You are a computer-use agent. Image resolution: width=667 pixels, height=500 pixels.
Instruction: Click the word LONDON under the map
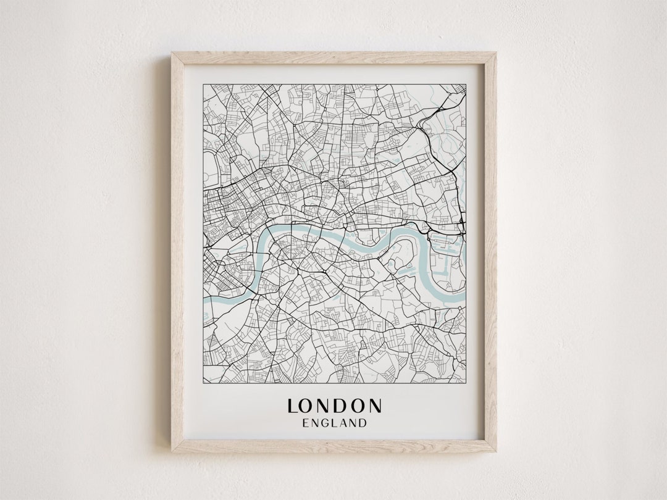(334, 406)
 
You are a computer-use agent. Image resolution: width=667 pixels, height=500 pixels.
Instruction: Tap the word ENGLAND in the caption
(334, 423)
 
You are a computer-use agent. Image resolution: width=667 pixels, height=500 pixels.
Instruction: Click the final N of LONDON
(374, 406)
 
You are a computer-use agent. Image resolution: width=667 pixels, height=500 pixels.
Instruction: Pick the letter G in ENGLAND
(325, 423)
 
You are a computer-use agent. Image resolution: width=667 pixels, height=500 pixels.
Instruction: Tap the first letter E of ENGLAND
(306, 423)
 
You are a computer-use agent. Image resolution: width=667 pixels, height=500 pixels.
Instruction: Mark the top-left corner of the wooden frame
(172, 53)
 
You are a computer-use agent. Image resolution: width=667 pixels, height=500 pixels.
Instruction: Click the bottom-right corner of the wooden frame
(496, 451)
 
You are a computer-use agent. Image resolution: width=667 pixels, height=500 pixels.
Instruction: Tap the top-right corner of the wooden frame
(496, 53)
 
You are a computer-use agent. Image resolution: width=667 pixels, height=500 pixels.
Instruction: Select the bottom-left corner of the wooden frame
(172, 451)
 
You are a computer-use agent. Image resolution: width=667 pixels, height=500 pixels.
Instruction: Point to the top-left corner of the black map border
(203, 85)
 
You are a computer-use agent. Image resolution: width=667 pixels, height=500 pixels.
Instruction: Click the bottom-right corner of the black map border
(466, 383)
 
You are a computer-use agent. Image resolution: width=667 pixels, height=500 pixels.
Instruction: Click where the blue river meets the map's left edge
(205, 301)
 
